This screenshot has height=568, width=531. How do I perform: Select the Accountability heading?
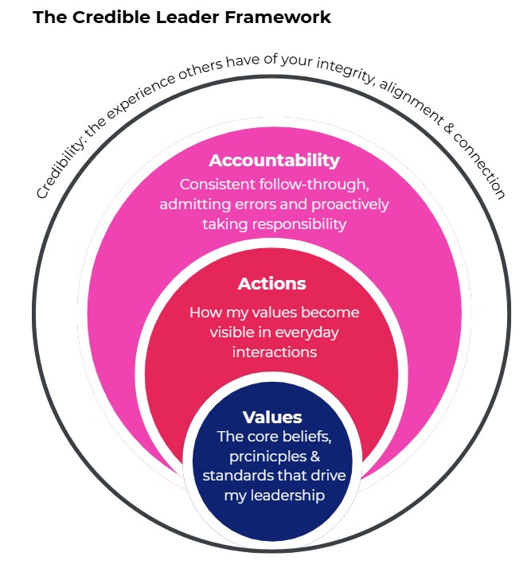coord(274,161)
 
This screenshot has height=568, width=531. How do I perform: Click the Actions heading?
coord(271,284)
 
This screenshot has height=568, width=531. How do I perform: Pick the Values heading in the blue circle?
coord(272,417)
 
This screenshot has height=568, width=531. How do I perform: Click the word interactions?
coord(275,351)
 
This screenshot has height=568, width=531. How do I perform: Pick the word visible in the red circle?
coord(234,332)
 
